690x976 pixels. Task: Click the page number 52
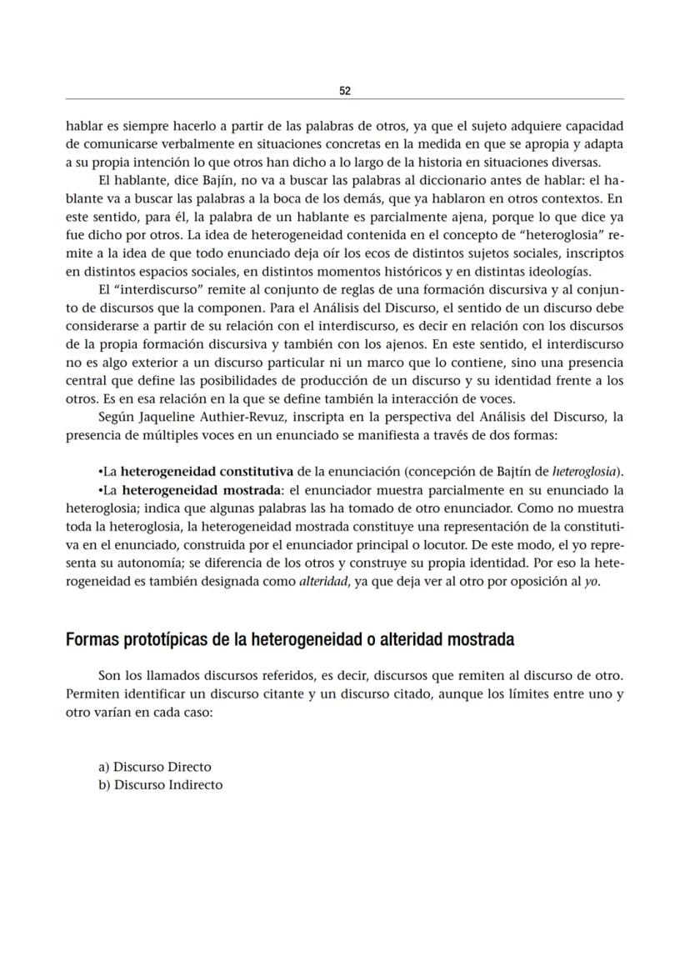(345, 90)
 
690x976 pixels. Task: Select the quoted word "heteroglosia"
(575, 235)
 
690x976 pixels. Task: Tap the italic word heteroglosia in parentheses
(577, 470)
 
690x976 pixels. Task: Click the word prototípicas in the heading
(167, 640)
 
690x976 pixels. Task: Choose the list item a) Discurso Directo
(155, 767)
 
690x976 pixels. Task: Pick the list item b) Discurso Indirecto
(160, 785)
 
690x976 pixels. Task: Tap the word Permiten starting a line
(91, 695)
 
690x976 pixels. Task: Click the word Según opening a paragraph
(115, 416)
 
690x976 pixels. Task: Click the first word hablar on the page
(84, 126)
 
